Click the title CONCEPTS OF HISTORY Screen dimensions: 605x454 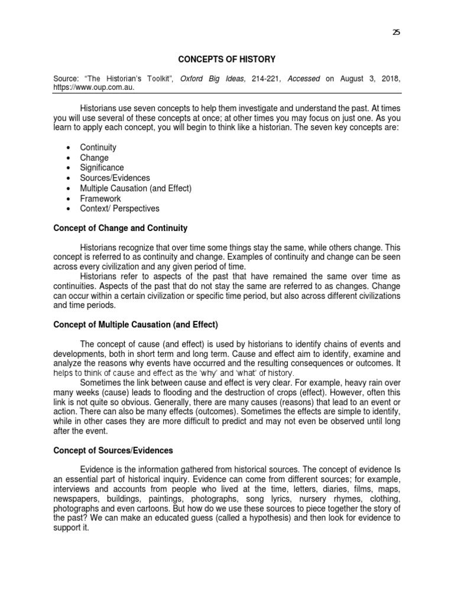227,59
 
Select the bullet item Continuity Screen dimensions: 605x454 98,147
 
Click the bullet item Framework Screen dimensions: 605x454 100,199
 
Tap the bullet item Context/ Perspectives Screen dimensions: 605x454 119,209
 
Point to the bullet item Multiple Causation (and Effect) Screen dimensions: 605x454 136,188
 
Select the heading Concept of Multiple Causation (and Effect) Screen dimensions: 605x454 136,324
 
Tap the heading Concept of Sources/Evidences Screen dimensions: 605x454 113,450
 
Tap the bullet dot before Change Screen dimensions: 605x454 69,158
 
